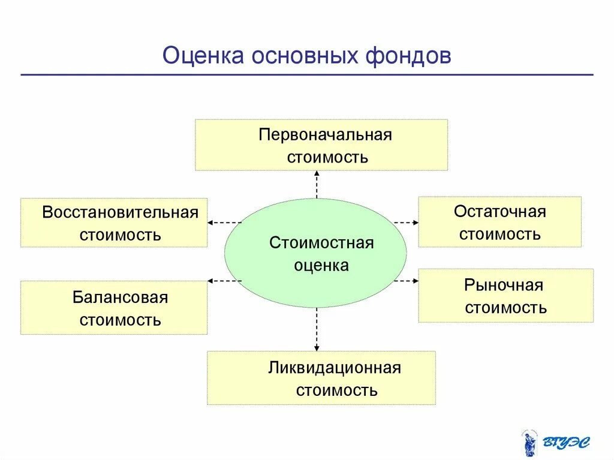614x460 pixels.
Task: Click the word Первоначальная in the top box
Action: point(325,134)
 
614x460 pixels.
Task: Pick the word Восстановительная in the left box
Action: point(120,213)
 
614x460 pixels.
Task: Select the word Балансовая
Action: point(120,297)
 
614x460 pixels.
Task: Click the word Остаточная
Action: point(499,212)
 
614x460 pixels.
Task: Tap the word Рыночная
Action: point(503,285)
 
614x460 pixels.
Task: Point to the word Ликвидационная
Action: point(334,368)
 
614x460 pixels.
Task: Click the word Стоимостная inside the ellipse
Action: point(321,243)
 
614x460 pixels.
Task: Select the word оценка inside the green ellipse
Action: point(321,265)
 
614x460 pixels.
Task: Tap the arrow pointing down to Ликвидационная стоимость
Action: point(317,330)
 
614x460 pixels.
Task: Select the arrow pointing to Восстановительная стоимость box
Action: point(224,223)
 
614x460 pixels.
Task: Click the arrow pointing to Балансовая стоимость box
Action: point(224,280)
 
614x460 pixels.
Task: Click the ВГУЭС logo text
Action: point(566,443)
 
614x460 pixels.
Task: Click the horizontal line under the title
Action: point(306,75)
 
